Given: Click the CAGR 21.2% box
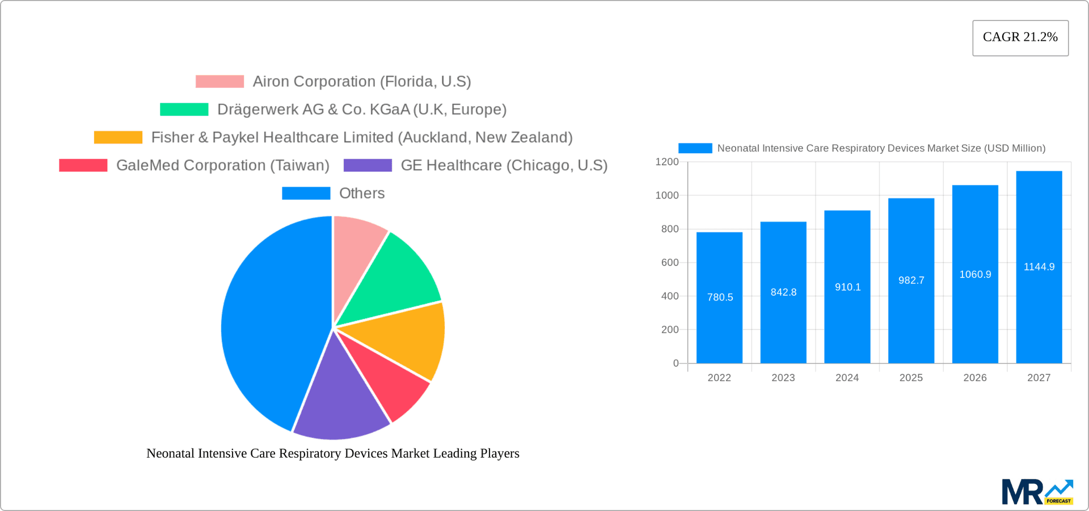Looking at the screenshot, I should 1020,37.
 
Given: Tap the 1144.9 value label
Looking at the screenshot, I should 1039,267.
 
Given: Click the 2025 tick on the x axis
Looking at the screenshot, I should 911,378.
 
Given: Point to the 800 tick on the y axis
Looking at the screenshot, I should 669,229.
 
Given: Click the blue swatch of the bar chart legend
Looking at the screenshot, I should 695,148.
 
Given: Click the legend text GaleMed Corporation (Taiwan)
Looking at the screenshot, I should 222,165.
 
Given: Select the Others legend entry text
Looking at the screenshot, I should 362,193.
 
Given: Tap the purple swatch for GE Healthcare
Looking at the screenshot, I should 368,165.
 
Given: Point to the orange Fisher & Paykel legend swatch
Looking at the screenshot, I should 118,137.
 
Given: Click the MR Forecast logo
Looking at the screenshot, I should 1037,492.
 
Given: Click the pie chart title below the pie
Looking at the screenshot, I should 332,453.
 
